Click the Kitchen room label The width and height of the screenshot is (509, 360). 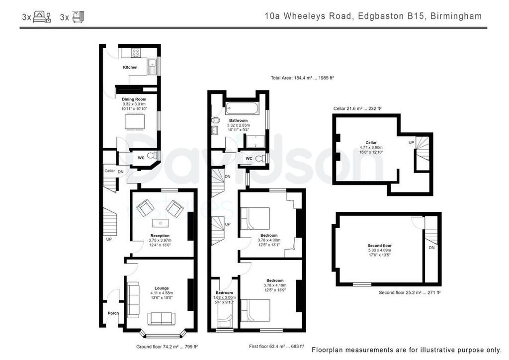pyautogui.click(x=130, y=67)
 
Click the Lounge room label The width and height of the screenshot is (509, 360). pyautogui.click(x=161, y=288)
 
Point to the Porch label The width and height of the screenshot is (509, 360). pyautogui.click(x=113, y=313)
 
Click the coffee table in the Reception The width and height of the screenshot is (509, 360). pyautogui.click(x=160, y=222)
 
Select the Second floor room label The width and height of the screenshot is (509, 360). pyautogui.click(x=380, y=246)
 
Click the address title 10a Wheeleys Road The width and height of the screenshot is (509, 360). pyautogui.click(x=309, y=16)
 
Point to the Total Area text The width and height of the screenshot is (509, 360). pyautogui.click(x=302, y=78)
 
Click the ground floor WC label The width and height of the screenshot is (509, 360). pyautogui.click(x=141, y=158)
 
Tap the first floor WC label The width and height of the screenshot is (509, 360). pyautogui.click(x=249, y=159)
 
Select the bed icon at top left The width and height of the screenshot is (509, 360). pyautogui.click(x=42, y=17)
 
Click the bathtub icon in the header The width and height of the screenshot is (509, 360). pyautogui.click(x=78, y=17)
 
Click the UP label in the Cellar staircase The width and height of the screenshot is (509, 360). pyautogui.click(x=411, y=142)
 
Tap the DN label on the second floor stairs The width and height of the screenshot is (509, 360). pyautogui.click(x=431, y=247)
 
